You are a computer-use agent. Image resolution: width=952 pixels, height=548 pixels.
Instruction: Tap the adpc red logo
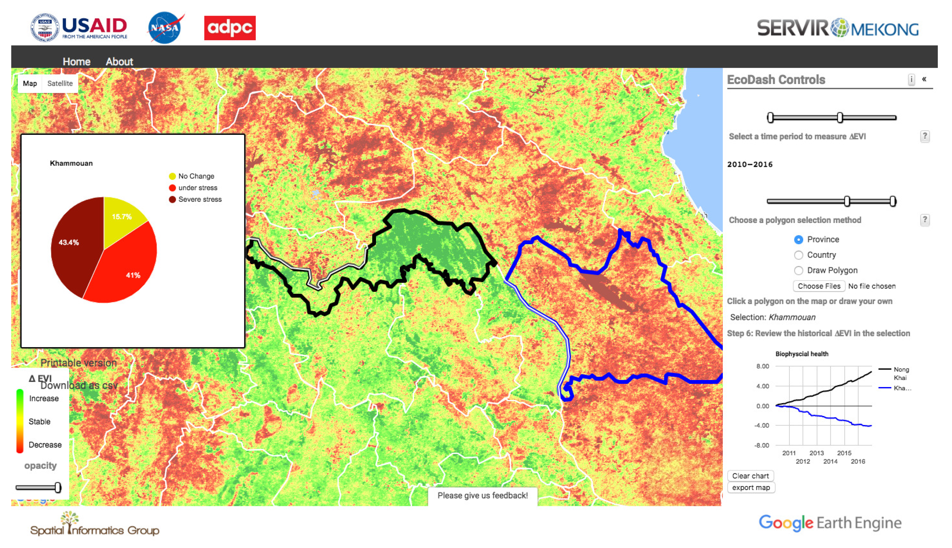point(229,28)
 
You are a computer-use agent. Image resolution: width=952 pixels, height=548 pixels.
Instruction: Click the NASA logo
point(165,28)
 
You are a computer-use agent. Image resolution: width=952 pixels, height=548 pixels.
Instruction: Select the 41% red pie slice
point(128,267)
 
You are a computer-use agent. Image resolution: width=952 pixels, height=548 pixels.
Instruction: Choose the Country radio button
point(798,255)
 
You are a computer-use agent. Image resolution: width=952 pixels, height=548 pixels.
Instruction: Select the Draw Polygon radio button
point(798,271)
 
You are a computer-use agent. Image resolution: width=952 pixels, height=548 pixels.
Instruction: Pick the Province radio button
point(798,240)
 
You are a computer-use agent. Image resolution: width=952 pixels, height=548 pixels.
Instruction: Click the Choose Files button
point(819,286)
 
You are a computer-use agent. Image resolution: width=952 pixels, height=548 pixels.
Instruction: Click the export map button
point(751,487)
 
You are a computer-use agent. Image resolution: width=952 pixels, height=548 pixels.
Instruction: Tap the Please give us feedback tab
point(482,495)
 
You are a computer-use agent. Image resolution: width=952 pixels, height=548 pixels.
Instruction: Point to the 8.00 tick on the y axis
point(762,366)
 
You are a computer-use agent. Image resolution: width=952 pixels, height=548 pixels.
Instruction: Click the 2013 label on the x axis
point(816,453)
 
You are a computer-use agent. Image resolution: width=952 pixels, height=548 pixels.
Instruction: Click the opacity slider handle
point(58,487)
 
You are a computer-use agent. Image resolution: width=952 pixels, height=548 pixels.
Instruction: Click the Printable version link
point(79,363)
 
